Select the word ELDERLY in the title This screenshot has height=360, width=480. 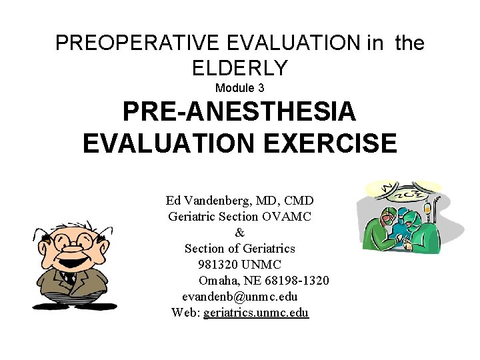239,67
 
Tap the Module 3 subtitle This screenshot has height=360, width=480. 239,88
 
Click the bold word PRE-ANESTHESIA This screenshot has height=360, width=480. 239,112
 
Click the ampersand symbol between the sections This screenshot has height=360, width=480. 239,233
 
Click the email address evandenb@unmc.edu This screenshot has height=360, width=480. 239,297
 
